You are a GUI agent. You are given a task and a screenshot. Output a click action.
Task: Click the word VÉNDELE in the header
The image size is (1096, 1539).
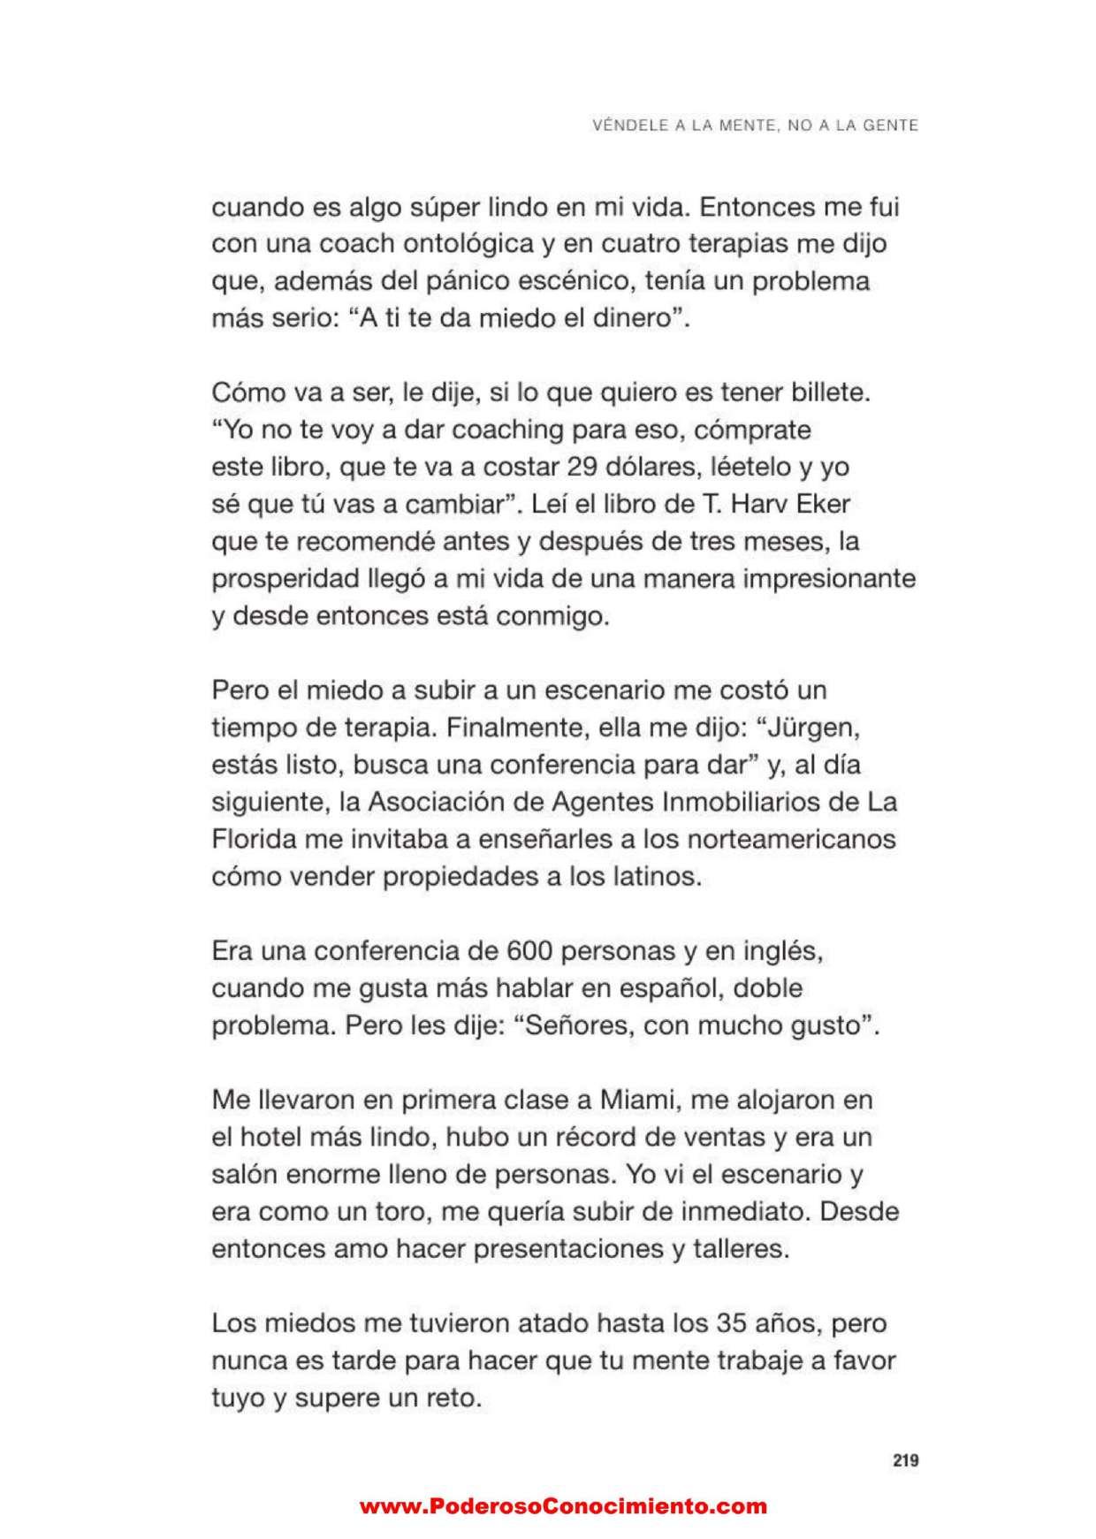point(624,126)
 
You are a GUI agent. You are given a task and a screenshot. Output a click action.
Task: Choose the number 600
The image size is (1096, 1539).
point(530,951)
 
